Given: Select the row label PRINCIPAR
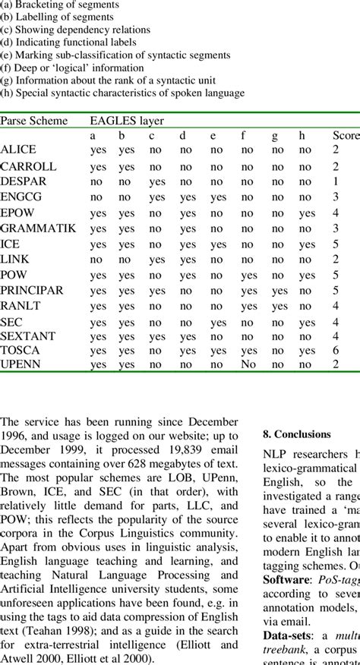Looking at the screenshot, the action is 32,291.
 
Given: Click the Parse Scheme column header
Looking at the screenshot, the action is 34,121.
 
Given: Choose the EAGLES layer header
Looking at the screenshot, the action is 127,121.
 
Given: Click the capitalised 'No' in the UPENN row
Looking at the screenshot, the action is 248,364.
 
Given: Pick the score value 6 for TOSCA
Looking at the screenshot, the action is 335,351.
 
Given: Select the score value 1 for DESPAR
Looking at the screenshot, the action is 335,182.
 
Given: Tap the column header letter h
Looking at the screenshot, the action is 305,136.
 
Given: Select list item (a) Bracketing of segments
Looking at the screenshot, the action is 60,4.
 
